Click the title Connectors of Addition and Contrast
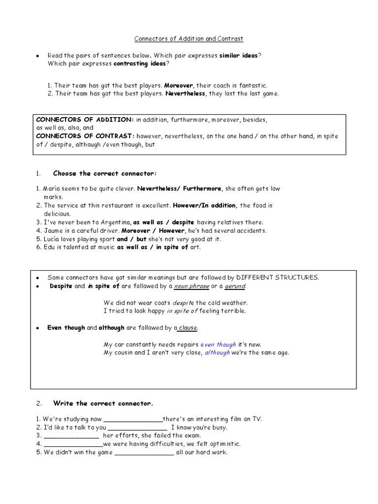point(189,38)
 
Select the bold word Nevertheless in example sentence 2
point(186,94)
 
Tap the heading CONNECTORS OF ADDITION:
point(85,120)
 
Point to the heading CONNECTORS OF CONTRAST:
point(85,136)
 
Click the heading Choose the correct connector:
point(105,173)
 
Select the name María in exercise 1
point(53,189)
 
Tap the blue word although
point(217,352)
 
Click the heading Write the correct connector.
point(103,404)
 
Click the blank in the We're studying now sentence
point(133,419)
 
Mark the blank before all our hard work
point(144,452)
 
